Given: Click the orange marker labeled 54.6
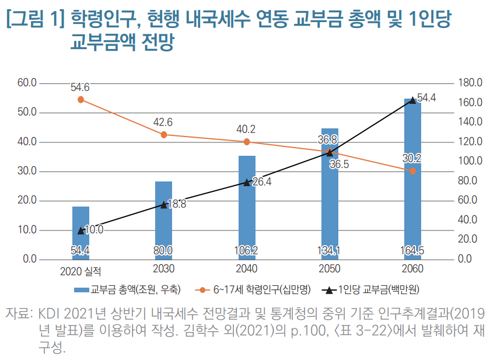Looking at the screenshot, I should point(80,100).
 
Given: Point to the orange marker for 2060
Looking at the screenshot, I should point(412,171).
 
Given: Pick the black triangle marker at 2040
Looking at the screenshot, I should point(247,182).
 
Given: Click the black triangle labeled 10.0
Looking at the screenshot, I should point(80,230).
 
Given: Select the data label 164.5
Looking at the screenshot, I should point(412,251).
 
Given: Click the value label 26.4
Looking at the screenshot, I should point(261,181).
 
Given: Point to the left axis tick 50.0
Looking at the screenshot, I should point(27,112).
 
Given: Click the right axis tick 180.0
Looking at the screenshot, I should point(470,83).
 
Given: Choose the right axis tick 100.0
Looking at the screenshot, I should point(470,161).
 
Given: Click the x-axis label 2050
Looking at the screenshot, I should point(330,270).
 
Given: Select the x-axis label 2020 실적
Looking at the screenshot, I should point(80,271).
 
